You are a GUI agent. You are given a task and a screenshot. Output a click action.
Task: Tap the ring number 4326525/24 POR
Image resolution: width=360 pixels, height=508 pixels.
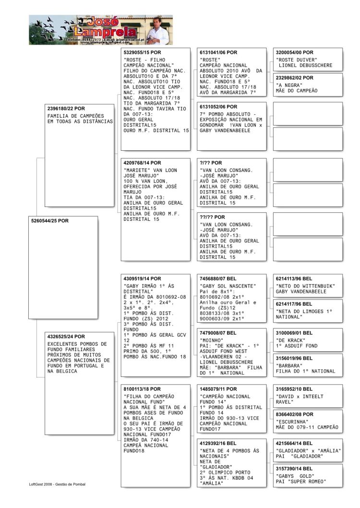[66, 337]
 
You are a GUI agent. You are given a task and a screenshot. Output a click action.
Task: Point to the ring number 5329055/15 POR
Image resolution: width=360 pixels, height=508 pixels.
[143, 52]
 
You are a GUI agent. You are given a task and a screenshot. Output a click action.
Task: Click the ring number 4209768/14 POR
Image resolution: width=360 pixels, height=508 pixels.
[143, 162]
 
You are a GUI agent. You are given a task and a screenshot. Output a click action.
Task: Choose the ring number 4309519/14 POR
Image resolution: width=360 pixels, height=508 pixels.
[143, 278]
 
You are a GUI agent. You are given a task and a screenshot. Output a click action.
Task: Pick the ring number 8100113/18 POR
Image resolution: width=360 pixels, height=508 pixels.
[143, 389]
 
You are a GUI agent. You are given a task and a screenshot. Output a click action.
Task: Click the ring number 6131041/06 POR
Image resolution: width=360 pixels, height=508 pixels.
[218, 52]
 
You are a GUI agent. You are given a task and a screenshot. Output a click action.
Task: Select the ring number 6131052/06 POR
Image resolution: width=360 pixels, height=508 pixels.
[218, 107]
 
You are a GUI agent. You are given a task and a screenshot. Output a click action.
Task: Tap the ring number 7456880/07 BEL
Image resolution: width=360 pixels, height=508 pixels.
[218, 278]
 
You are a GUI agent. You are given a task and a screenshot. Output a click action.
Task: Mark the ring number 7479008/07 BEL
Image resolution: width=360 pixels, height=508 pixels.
[218, 333]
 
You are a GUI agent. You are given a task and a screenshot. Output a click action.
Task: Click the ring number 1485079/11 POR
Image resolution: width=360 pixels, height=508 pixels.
[218, 389]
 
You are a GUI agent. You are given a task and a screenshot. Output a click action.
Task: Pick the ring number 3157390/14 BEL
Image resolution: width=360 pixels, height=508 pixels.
[294, 468]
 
